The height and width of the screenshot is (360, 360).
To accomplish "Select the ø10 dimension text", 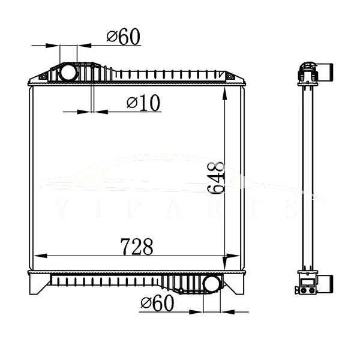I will click(x=143, y=103).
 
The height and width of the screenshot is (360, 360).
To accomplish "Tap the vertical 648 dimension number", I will click(x=216, y=179).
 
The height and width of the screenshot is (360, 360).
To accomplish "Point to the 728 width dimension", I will click(x=137, y=247).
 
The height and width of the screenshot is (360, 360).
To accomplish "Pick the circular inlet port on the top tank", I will click(x=68, y=73).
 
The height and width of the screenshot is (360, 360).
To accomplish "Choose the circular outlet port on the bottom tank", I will click(x=212, y=283).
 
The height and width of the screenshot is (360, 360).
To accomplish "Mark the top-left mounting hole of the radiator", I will click(x=43, y=76).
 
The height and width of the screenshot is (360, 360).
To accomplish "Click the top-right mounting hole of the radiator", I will click(x=229, y=76).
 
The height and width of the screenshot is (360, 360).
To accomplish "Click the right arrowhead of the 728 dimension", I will click(x=235, y=257).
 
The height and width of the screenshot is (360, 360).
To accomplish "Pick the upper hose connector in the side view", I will click(x=326, y=72).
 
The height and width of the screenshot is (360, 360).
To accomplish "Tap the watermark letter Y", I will click(x=59, y=207).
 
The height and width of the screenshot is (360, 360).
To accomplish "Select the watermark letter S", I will click(x=292, y=207).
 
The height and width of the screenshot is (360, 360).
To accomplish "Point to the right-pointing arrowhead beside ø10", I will click(x=86, y=111).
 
